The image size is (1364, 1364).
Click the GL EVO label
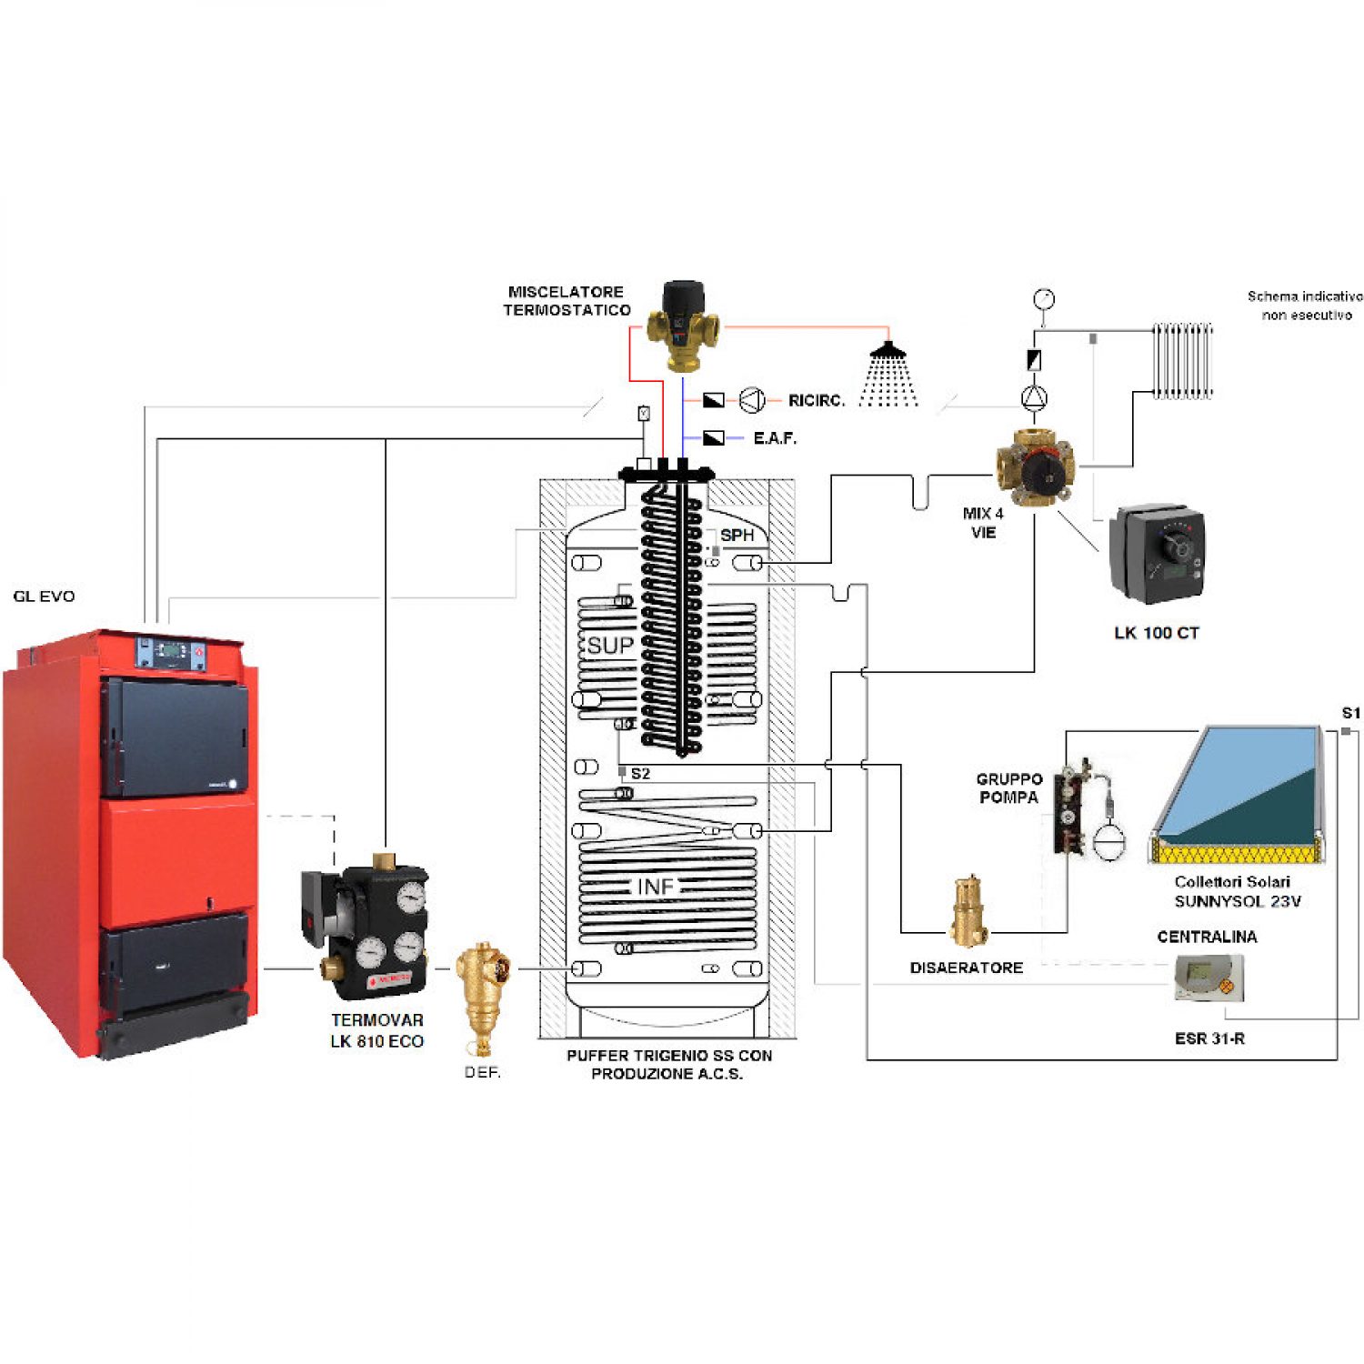[44, 597]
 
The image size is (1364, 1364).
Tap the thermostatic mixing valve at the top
[682, 325]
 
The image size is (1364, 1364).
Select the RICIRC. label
[816, 400]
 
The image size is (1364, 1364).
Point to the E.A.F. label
[775, 438]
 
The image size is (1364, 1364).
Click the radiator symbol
[1183, 360]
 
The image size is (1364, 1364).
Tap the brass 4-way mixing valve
[1035, 466]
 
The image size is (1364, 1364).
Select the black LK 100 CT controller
[1157, 552]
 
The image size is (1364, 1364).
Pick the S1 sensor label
[1351, 713]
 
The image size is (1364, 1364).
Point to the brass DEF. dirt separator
[483, 996]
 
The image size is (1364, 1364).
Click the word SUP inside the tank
[610, 646]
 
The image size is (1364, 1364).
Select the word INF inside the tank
[655, 887]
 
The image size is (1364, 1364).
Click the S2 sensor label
[640, 774]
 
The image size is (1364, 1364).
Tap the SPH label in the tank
[737, 536]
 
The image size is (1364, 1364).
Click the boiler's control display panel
[171, 652]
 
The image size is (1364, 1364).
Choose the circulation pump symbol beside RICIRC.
[752, 400]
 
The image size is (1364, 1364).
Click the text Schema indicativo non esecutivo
[1305, 306]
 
